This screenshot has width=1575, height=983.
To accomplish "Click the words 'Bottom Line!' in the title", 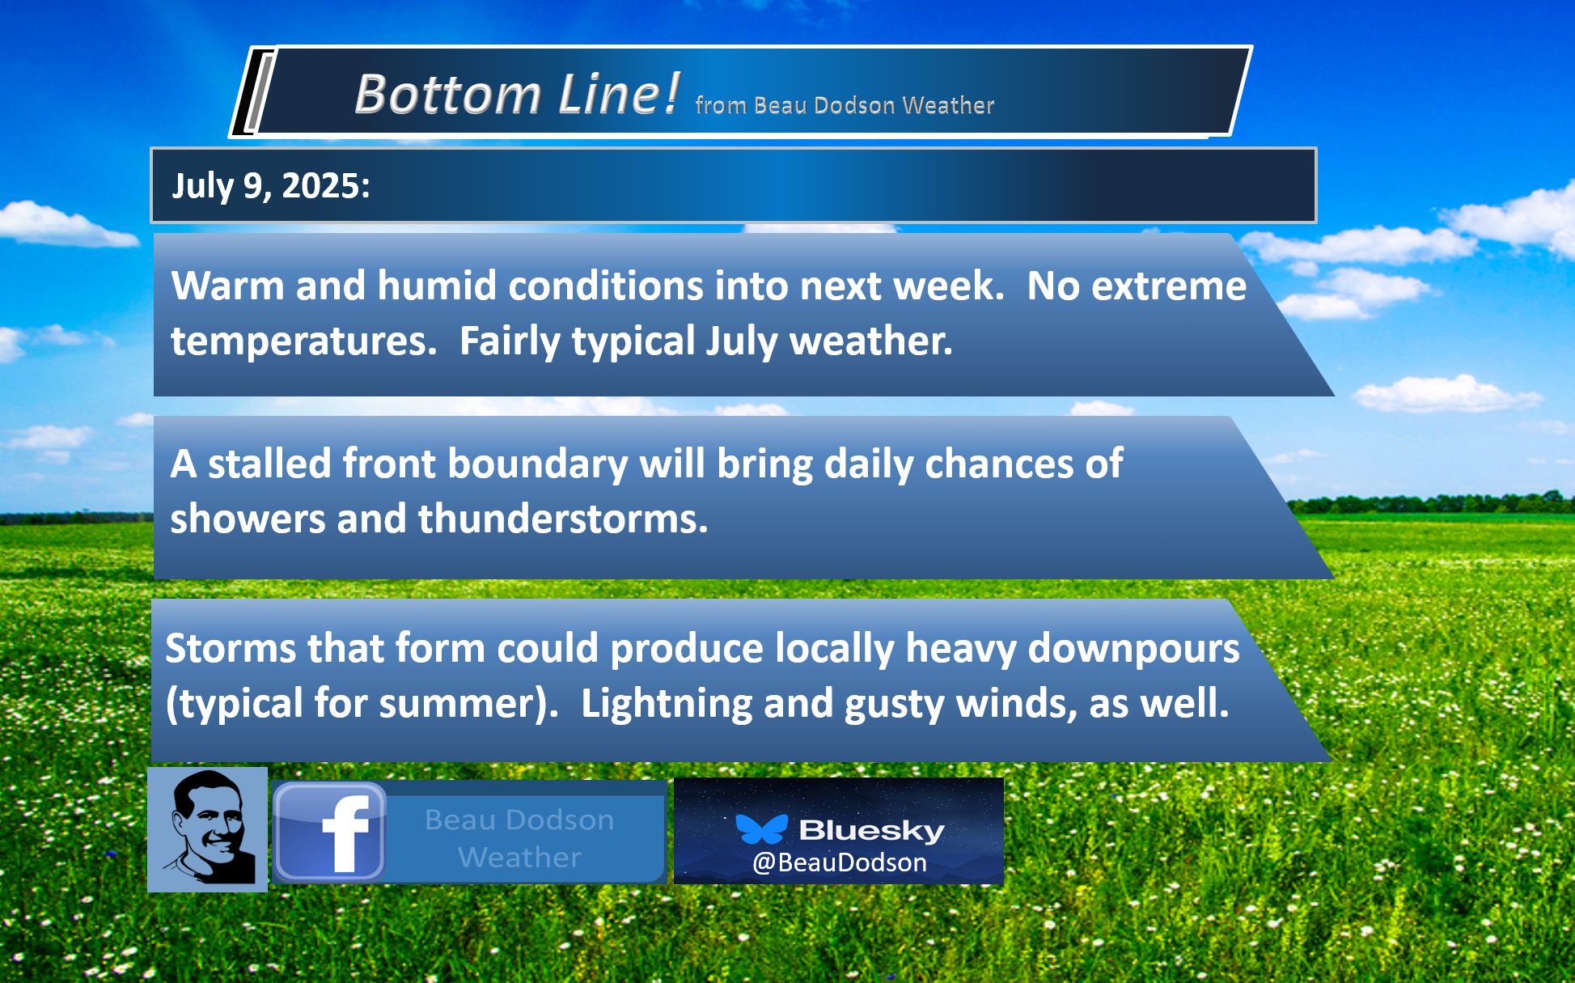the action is tap(516, 94).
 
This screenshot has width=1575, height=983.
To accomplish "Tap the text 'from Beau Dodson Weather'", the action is tap(845, 105).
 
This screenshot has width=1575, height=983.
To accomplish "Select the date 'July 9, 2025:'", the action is tap(271, 186).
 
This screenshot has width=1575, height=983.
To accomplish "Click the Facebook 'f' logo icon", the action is tap(329, 832).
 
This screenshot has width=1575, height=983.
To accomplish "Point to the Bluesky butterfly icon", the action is tap(761, 829).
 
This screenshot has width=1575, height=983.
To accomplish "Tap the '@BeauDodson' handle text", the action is tap(840, 862).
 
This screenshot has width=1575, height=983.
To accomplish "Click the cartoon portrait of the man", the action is tap(207, 829).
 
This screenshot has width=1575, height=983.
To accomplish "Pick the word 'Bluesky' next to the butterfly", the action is tap(872, 830).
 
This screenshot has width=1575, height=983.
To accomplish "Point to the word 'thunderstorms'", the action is tap(563, 519).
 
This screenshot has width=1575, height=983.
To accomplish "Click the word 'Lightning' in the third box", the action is tap(667, 704).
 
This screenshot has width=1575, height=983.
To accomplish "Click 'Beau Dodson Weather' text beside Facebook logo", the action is tap(519, 838).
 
